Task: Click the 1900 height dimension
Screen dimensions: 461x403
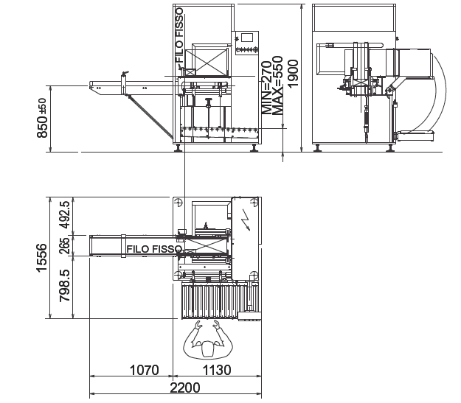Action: tap(294, 74)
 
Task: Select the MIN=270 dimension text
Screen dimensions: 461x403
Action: tap(267, 88)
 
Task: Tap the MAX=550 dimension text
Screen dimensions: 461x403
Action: tap(277, 85)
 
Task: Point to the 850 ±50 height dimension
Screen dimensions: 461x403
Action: tap(42, 118)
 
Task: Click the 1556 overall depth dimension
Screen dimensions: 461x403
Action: tap(42, 258)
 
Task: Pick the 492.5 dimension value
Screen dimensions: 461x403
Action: tap(64, 214)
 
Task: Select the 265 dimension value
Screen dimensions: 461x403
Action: tap(64, 245)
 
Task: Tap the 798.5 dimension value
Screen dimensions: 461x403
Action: tap(64, 286)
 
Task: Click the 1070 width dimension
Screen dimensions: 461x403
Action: tap(144, 370)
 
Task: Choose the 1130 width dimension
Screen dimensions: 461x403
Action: tap(217, 370)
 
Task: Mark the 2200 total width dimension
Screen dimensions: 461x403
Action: tap(185, 388)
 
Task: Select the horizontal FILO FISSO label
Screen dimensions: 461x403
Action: tap(154, 249)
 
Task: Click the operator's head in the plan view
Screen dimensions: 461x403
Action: tap(208, 349)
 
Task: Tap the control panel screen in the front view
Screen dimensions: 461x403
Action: tap(247, 38)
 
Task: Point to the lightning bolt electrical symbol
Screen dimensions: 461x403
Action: tap(245, 220)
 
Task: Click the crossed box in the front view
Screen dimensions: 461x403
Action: tap(206, 62)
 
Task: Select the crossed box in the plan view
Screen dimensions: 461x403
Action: tap(204, 246)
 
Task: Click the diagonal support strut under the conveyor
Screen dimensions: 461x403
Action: tap(150, 117)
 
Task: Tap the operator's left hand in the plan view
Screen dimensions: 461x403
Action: tap(198, 324)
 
